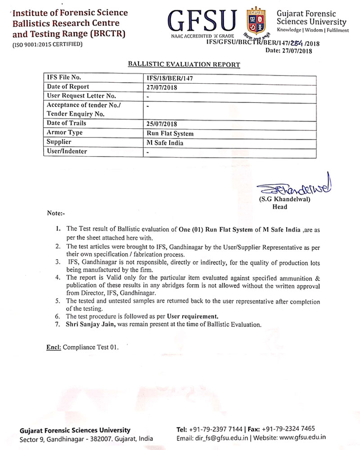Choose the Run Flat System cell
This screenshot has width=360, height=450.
coord(170,133)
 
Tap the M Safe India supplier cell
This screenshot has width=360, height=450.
coord(165,143)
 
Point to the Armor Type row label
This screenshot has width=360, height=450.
coord(64,133)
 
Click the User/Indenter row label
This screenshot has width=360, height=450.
coord(67,152)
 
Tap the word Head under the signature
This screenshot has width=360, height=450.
coord(279,207)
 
